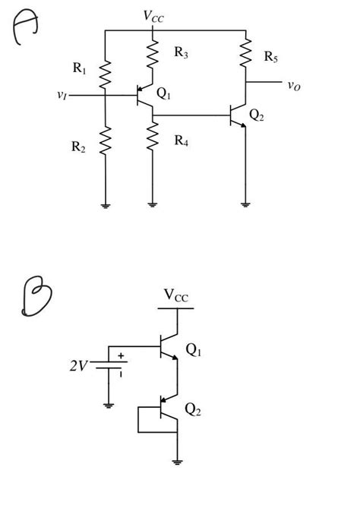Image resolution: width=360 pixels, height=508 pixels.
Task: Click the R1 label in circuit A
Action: [x=80, y=68]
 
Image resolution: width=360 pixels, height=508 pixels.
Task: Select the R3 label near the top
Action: [x=181, y=52]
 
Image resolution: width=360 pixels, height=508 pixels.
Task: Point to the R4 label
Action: [x=181, y=140]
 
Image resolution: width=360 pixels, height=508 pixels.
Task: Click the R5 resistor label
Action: [x=271, y=56]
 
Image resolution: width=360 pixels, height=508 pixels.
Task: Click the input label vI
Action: [x=62, y=95]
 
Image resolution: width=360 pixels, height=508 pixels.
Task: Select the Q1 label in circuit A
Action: [x=164, y=93]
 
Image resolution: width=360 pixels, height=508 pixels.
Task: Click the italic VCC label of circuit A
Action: [x=153, y=16]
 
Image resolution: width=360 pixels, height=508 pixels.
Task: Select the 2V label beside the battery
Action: [x=78, y=367]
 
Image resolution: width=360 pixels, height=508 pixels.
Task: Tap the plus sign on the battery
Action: [x=120, y=355]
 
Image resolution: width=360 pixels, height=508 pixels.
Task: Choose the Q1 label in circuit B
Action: [x=194, y=350]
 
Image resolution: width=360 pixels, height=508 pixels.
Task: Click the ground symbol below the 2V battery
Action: [x=109, y=406]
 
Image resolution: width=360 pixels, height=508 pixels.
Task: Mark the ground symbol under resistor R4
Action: [x=153, y=204]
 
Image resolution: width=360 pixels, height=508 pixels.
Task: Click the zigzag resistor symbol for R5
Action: [x=245, y=52]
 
